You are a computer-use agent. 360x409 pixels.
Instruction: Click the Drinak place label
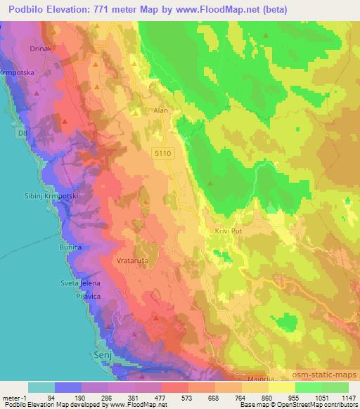point(38,49)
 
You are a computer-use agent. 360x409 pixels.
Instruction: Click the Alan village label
point(160,110)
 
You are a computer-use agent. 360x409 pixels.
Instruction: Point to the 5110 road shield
point(163,152)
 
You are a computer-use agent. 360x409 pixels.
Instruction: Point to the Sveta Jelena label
point(81,283)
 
